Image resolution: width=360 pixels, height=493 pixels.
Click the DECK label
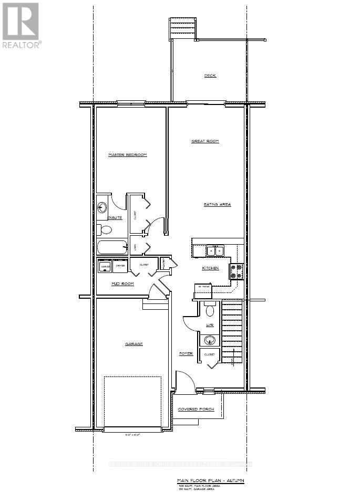210,76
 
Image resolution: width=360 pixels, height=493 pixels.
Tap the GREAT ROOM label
204,141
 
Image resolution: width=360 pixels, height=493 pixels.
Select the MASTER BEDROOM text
127,155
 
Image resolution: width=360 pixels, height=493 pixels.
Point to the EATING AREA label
218,204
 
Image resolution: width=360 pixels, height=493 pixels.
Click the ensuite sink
102,206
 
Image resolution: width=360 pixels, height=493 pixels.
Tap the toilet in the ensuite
105,229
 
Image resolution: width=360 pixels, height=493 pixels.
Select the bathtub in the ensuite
111,247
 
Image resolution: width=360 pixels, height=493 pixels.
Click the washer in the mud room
105,266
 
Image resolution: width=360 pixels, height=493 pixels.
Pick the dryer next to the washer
120,266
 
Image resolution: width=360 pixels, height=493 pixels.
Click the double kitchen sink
215,251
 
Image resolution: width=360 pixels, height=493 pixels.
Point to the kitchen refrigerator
203,291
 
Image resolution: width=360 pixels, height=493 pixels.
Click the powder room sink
210,340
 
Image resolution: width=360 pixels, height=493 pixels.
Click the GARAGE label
134,344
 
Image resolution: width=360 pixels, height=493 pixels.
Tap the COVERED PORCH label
196,409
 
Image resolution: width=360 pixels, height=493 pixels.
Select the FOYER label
186,353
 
